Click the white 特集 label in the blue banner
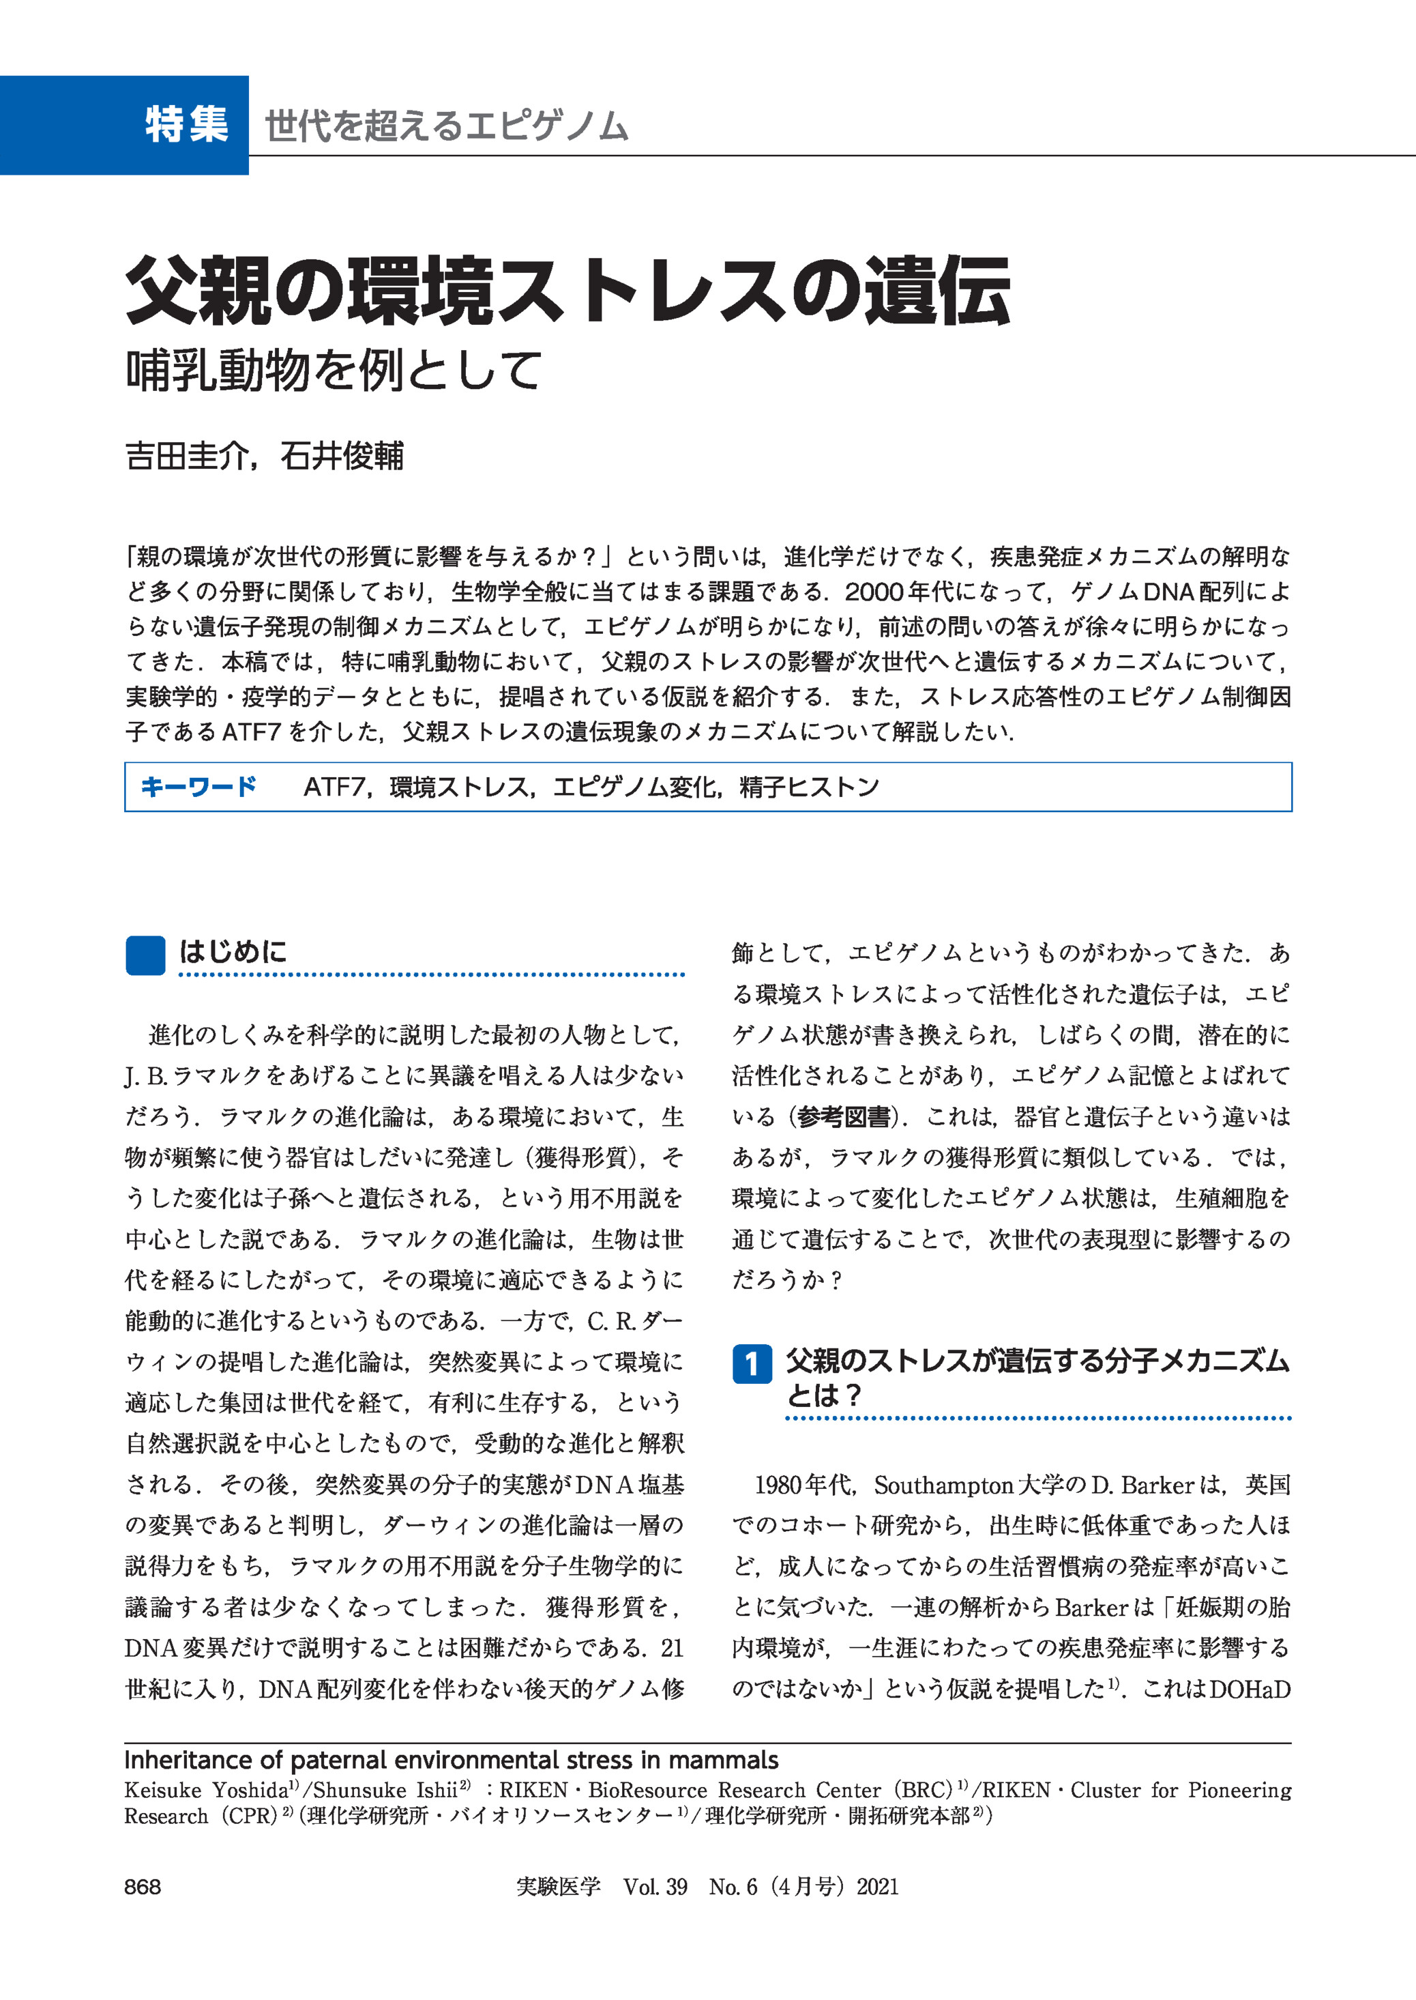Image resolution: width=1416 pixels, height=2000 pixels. coord(187,125)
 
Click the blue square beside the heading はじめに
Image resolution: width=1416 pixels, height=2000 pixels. coord(145,955)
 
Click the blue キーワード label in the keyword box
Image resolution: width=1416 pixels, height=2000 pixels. coord(198,787)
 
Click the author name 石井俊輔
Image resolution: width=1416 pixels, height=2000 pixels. coord(342,456)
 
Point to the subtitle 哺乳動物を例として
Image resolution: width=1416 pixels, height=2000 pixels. coord(335,371)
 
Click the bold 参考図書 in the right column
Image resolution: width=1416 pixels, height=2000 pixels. coord(843,1116)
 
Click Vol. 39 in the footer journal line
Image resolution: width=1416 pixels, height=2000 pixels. coord(655,1887)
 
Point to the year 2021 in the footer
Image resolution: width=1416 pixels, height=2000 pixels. coord(877,1887)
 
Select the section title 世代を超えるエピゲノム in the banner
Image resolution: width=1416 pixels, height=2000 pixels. coord(447,126)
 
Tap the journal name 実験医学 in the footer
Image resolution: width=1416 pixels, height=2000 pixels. coord(558,1887)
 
